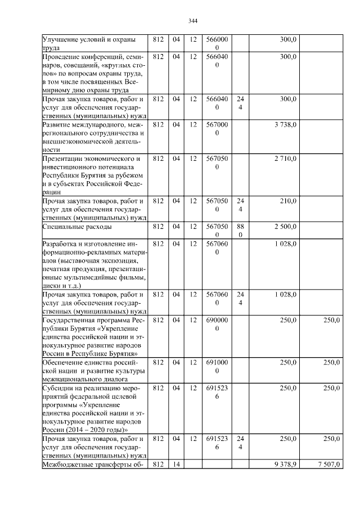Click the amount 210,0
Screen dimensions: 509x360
pyautogui.click(x=288, y=201)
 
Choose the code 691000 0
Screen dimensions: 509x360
pyautogui.click(x=217, y=366)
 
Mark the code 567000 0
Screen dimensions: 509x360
pyautogui.click(x=217, y=129)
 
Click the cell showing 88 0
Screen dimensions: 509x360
pyautogui.click(x=240, y=231)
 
